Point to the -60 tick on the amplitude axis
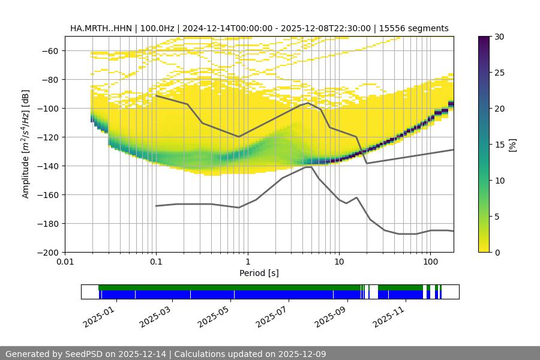point(49,51)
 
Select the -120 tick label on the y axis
point(47,137)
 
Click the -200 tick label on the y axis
point(47,253)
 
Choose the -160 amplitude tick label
point(47,195)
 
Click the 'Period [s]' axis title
point(259,274)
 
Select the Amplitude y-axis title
point(26,144)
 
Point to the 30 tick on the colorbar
point(499,37)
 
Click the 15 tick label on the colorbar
point(499,145)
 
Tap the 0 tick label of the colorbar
point(497,253)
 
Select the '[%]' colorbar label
point(512,144)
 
